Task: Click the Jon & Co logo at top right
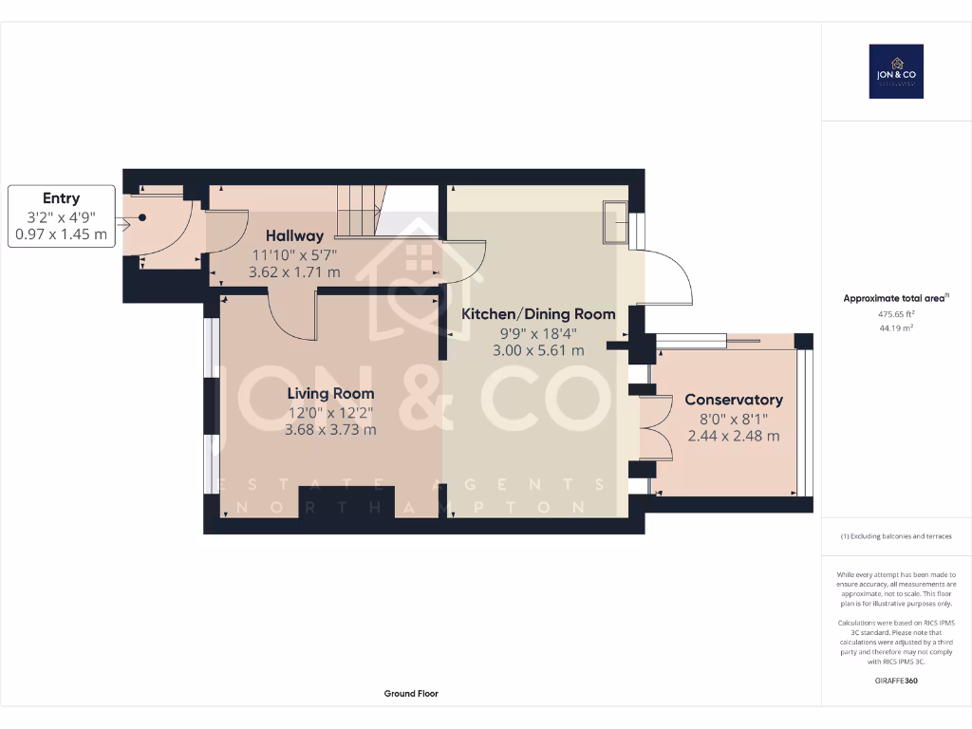click(x=896, y=71)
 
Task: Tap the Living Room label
click(x=331, y=393)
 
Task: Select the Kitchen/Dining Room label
click(x=538, y=313)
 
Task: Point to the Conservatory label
click(x=734, y=400)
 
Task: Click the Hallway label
click(x=294, y=235)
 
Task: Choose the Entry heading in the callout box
click(x=61, y=198)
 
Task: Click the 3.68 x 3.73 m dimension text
click(x=331, y=429)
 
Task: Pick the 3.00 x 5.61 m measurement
click(x=538, y=350)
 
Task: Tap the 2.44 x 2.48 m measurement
click(x=734, y=436)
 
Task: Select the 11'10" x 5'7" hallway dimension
click(x=294, y=254)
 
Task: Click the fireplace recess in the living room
click(x=346, y=501)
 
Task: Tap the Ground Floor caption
click(x=411, y=694)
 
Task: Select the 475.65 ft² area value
click(x=896, y=313)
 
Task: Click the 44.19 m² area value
click(x=896, y=327)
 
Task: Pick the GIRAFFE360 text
click(x=896, y=681)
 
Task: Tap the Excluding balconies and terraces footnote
click(x=896, y=536)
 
